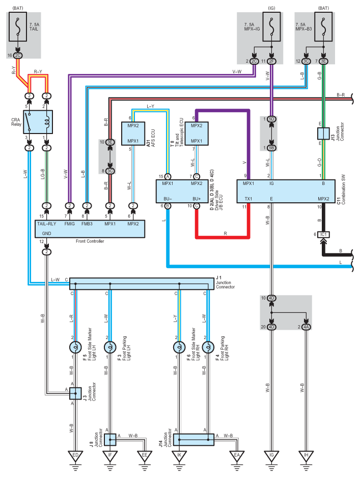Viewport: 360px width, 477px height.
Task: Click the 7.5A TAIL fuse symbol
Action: (x=18, y=27)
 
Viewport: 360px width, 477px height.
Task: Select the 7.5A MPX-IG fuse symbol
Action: (x=271, y=27)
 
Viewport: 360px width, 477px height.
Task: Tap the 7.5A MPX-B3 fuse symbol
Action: (x=323, y=27)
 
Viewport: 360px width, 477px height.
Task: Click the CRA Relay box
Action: (x=38, y=122)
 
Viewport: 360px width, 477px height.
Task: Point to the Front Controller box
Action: (x=90, y=229)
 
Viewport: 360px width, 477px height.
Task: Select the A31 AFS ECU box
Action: (x=133, y=134)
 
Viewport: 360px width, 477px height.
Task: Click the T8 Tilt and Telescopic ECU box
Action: (x=197, y=134)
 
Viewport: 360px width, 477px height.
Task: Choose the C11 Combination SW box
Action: (x=286, y=191)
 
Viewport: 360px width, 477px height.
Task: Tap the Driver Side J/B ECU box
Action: (x=182, y=191)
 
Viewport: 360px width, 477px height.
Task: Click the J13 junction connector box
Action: (x=323, y=133)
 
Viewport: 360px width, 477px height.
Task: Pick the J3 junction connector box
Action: (x=75, y=393)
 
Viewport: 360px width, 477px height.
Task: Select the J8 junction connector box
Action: (x=110, y=440)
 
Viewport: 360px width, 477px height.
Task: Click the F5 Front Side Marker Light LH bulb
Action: (x=75, y=347)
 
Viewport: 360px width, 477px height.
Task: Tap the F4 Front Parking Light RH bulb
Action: (x=208, y=347)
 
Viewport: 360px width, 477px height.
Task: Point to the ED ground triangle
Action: (x=75, y=456)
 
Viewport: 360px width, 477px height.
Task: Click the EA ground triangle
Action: (x=237, y=456)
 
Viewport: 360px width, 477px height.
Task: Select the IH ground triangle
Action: (x=306, y=456)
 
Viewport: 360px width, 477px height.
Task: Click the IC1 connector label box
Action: (x=323, y=234)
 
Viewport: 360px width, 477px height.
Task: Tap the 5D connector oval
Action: (x=271, y=119)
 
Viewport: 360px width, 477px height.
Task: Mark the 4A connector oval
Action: (x=306, y=327)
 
